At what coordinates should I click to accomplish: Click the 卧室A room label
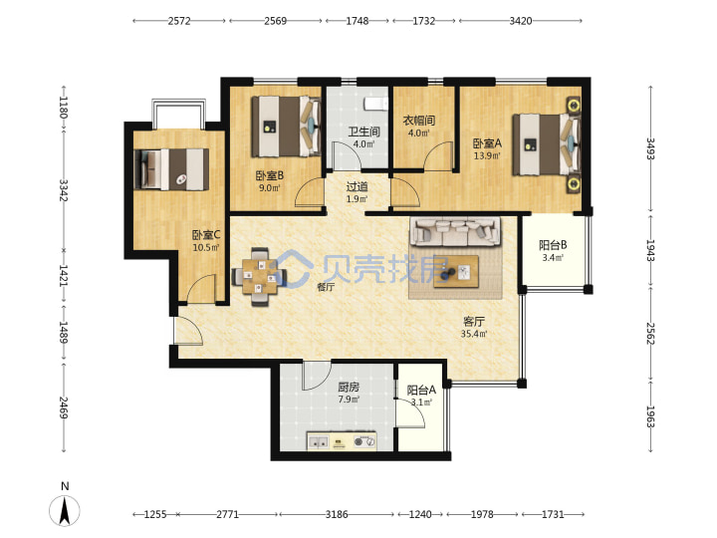coord(487,143)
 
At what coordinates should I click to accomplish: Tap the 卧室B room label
coord(269,175)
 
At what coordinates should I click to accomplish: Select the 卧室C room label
coord(206,235)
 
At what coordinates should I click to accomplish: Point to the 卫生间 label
coord(364,132)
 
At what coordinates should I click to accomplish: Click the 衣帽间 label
coord(419,121)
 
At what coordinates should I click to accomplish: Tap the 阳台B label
coord(553,245)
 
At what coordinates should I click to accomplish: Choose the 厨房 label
coord(349,387)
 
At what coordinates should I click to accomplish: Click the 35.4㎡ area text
coord(474,334)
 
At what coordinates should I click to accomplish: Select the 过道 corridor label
coord(357,186)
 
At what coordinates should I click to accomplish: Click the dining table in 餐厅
coord(259,276)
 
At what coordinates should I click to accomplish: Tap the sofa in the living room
coord(455,232)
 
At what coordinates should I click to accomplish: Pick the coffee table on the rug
coord(456,272)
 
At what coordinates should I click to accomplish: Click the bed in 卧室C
coord(171,168)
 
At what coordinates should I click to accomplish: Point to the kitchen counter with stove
coord(342,441)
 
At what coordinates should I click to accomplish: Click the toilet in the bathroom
coord(375,104)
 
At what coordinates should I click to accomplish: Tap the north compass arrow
coord(65,510)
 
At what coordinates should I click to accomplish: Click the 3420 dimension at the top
coord(521,21)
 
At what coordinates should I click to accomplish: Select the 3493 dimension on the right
coord(650,148)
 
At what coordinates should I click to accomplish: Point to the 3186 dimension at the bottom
coord(337,514)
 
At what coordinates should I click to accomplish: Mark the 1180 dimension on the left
coord(63,107)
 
